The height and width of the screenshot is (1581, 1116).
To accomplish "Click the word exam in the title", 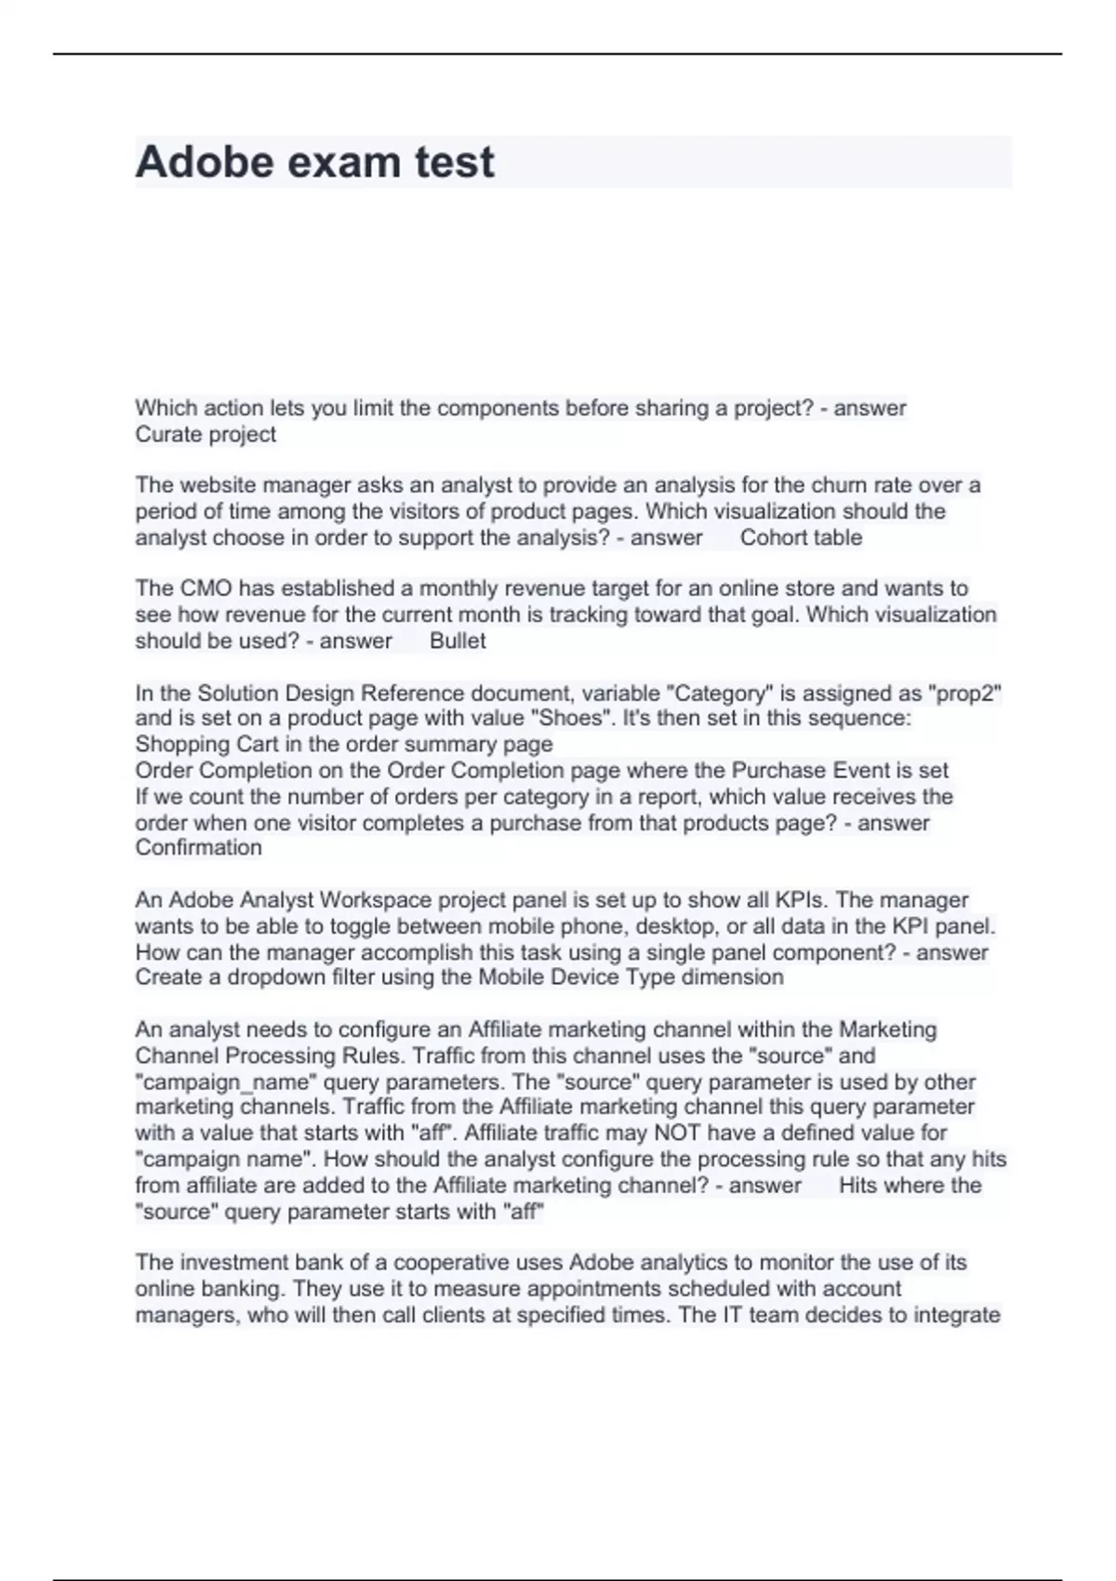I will point(344,163).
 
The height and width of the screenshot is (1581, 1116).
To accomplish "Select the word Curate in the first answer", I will point(166,434).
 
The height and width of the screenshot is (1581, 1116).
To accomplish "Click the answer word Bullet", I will point(458,641).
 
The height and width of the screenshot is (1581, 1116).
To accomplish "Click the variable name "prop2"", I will point(964,693).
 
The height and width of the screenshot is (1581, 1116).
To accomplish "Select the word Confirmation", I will point(198,847).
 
